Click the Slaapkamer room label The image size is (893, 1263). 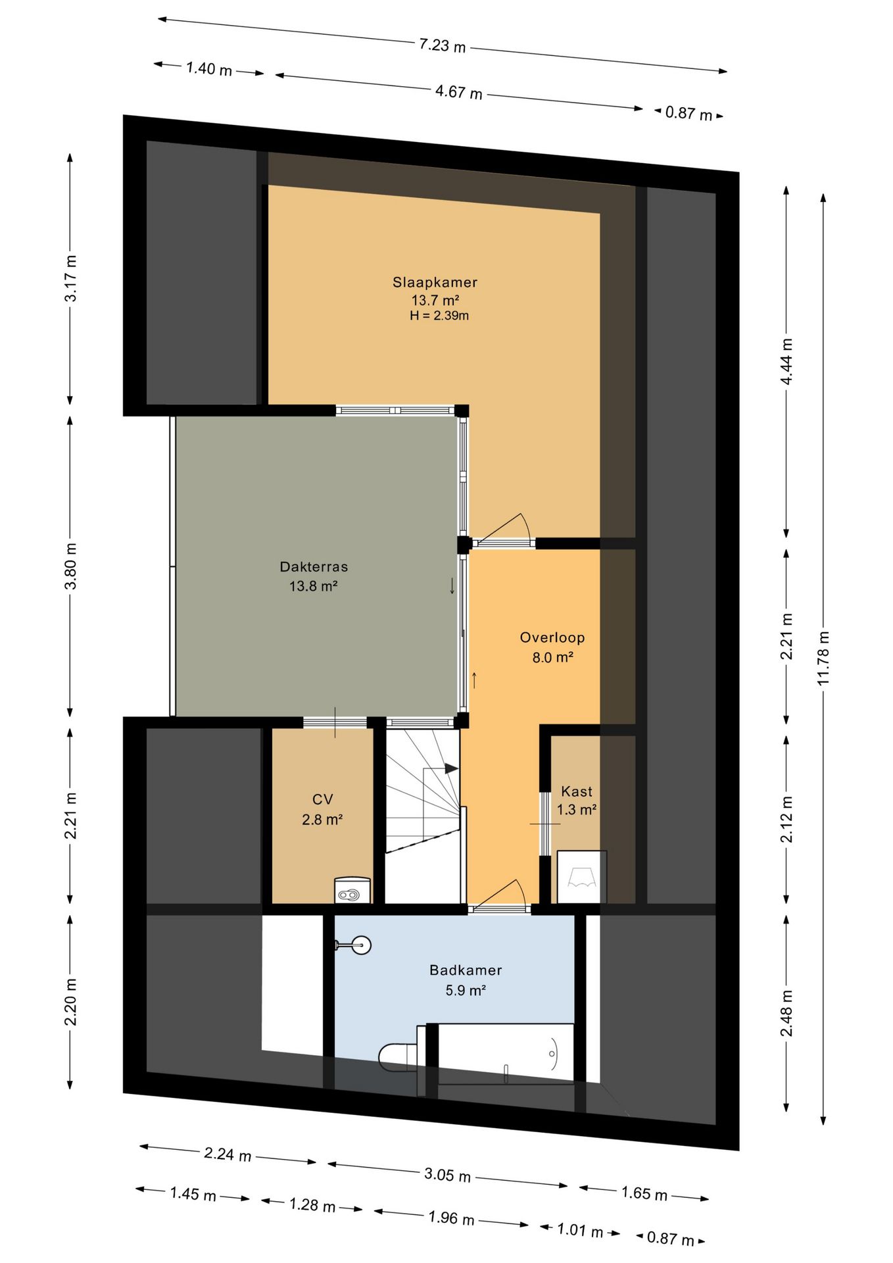(x=435, y=282)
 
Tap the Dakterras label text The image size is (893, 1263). (x=314, y=566)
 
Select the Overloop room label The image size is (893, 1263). (x=552, y=637)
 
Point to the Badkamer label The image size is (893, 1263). (x=466, y=970)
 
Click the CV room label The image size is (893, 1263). (x=322, y=799)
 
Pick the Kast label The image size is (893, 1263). (x=577, y=791)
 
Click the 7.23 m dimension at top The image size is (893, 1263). (x=443, y=45)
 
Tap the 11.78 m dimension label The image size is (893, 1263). (x=823, y=658)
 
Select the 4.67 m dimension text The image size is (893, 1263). (x=458, y=92)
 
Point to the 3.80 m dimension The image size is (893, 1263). (x=71, y=566)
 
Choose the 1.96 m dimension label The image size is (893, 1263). (x=451, y=1218)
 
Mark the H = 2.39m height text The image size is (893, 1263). (x=439, y=316)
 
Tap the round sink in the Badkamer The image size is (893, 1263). (x=360, y=945)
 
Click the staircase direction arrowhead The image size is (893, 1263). (x=451, y=768)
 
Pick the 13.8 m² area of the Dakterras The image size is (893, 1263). (x=314, y=585)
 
